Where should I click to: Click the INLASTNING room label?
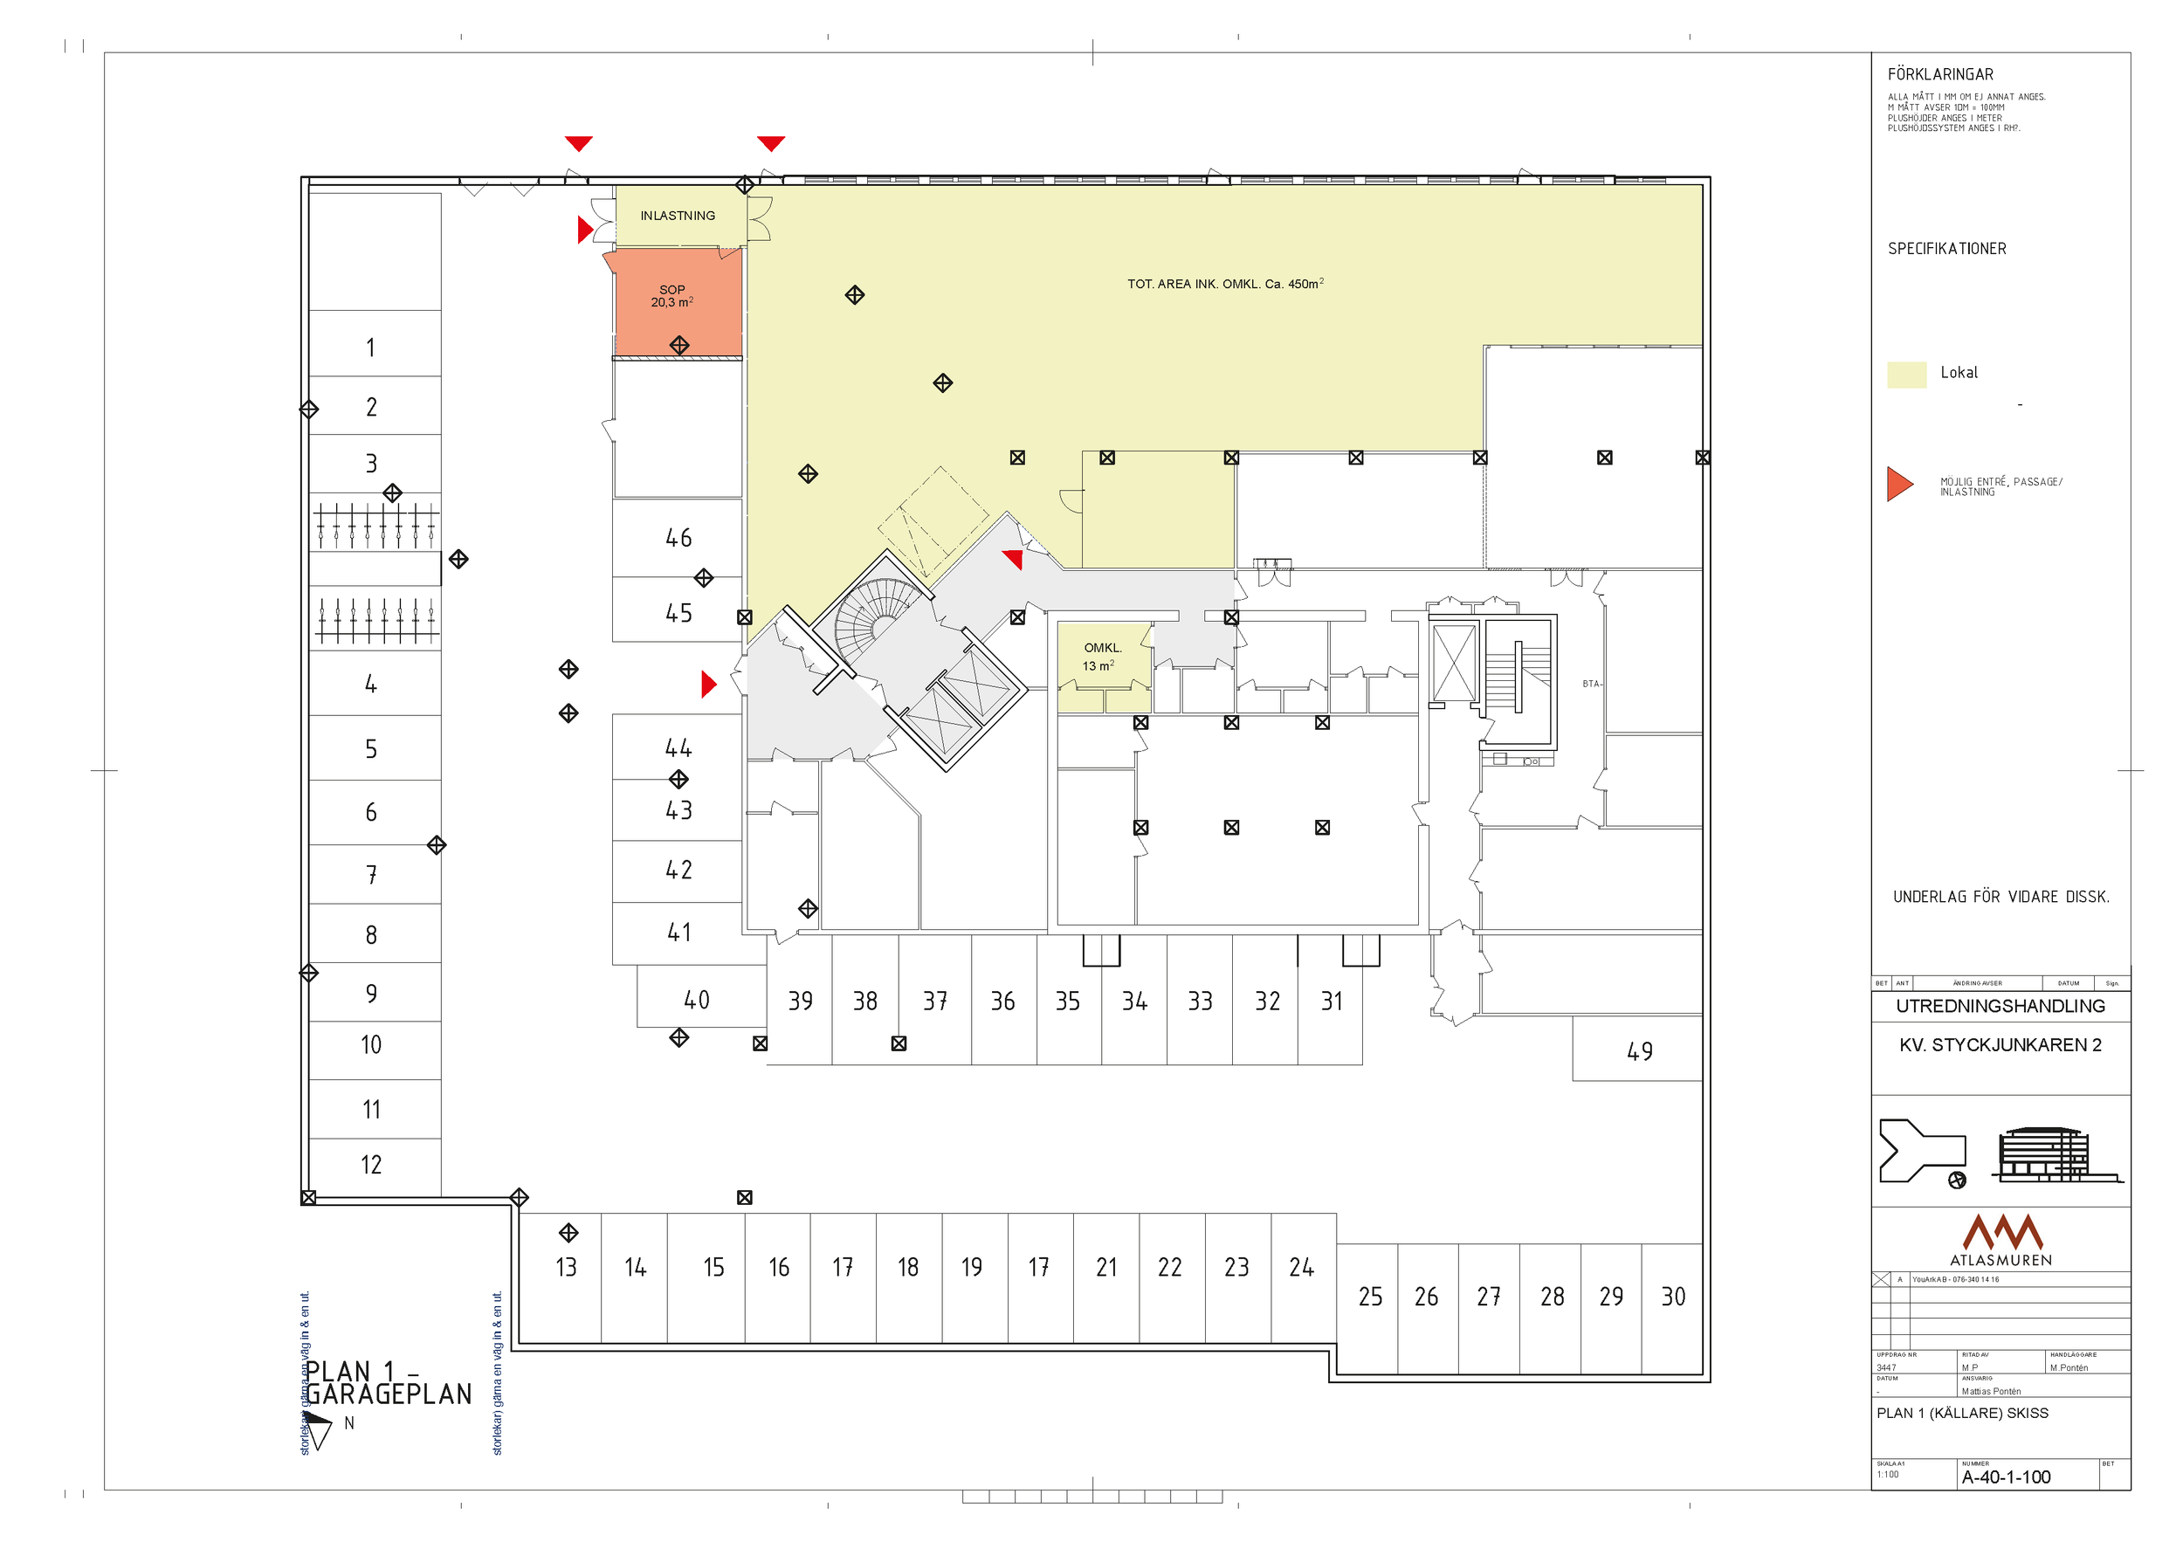tap(677, 216)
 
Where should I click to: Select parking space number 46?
tap(678, 538)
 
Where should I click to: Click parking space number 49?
tap(1639, 1051)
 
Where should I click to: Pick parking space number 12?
tap(371, 1165)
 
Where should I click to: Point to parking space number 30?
tap(1672, 1297)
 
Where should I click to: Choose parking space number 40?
tap(696, 1000)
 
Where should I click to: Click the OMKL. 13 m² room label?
tap(1102, 657)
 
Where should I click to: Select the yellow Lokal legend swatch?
tap(1906, 374)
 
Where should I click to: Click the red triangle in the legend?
tap(1898, 484)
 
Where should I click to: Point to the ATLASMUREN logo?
tap(2001, 1240)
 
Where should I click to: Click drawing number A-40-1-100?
tap(2005, 1477)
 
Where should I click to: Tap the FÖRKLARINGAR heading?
tap(1939, 74)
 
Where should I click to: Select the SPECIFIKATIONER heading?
tap(1946, 249)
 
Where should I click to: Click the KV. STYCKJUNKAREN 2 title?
tap(2000, 1045)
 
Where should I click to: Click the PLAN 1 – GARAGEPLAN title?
tap(387, 1383)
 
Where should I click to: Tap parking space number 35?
tap(1068, 1001)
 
